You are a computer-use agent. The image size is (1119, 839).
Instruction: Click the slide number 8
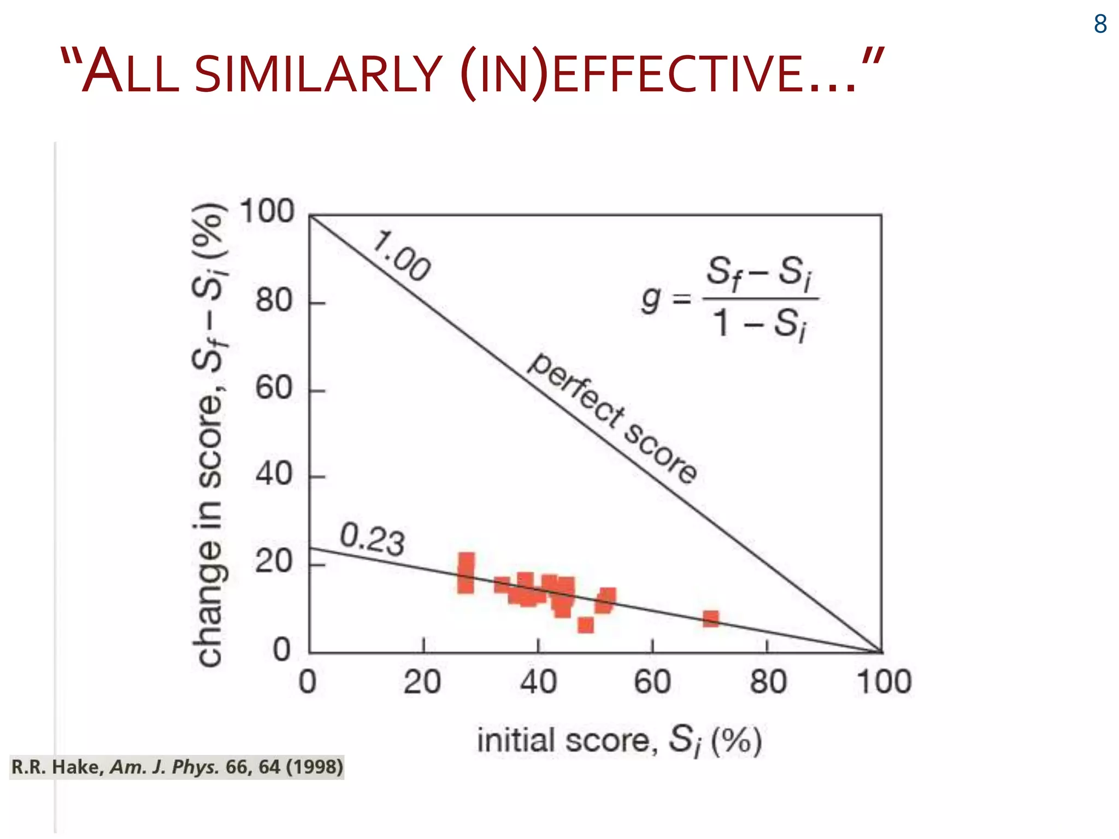point(1100,24)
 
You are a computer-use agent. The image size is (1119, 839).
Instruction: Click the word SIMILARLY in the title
point(317,74)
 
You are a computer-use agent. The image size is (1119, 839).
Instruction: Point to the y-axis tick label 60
point(274,388)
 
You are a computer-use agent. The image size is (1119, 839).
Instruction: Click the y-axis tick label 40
point(274,474)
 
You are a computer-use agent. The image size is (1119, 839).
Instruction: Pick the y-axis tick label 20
point(274,562)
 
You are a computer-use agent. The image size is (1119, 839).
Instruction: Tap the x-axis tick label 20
point(422,682)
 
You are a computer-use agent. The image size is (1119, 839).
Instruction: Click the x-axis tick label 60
point(652,682)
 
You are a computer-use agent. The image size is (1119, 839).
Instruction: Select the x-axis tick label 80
point(768,682)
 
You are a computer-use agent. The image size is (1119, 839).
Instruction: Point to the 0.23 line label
point(372,539)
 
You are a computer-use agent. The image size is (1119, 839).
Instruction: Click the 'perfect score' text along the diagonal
point(612,418)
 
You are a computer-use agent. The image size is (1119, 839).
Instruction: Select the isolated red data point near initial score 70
point(710,619)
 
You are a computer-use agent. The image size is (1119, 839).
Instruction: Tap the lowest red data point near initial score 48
point(586,625)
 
